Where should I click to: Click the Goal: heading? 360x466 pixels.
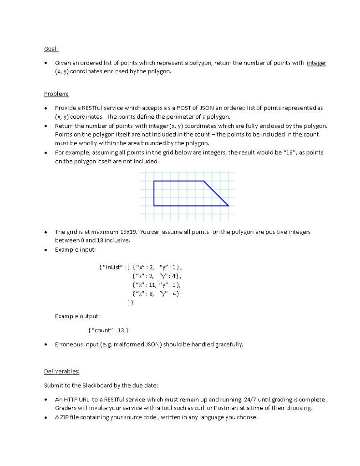tap(51, 49)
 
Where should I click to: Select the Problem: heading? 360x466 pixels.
tap(56, 94)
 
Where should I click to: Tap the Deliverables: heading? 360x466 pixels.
tap(61, 371)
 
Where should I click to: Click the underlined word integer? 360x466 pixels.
tap(316, 63)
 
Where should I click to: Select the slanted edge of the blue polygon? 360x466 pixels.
tap(216, 193)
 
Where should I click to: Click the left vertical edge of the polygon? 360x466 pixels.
tap(154, 193)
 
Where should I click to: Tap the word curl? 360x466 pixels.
tap(200, 408)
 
